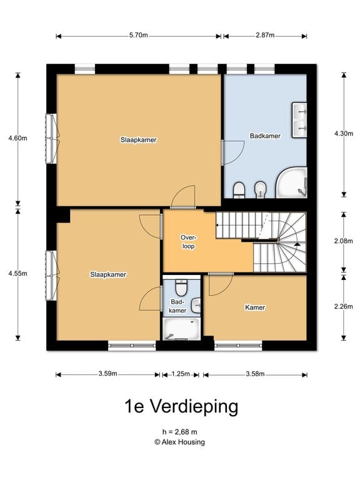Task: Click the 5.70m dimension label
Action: pos(139,36)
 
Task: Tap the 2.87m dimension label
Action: pos(265,36)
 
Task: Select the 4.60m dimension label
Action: pos(17,139)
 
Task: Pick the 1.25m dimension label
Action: pos(180,374)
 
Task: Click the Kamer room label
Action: pos(255,307)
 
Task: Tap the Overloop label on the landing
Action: pos(187,242)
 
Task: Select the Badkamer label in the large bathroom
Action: pos(265,136)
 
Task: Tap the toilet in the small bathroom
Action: pos(181,287)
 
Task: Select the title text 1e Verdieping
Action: pos(180,407)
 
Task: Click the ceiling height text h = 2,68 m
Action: pos(180,431)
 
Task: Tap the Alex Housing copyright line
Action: pos(180,442)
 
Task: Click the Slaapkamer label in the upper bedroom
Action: pos(138,140)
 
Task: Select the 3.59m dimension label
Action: pos(107,374)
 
